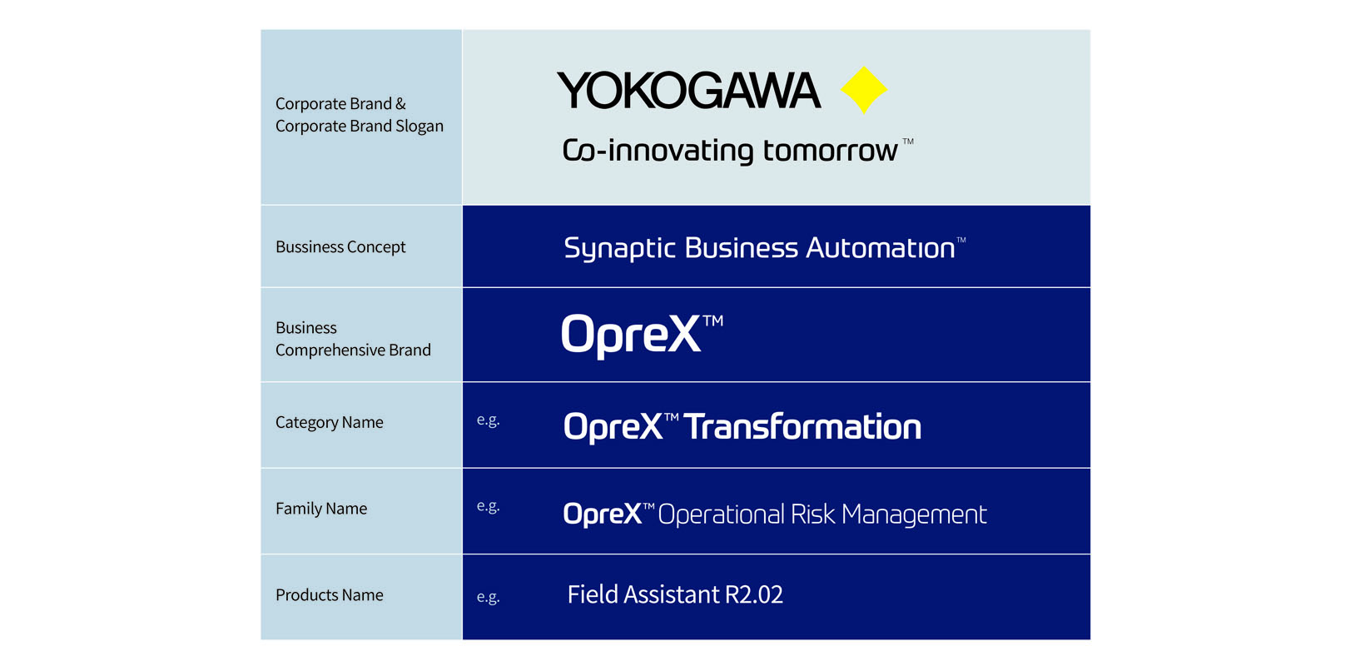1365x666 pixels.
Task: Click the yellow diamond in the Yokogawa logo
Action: [863, 90]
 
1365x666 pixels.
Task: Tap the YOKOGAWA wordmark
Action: [688, 90]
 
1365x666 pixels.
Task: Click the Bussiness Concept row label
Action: [340, 246]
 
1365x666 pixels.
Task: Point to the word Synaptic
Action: [619, 249]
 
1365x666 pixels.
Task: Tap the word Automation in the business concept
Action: [881, 248]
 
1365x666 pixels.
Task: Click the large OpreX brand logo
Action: [642, 335]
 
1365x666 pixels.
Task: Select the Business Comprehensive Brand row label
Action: [353, 339]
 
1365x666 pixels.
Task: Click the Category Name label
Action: [329, 422]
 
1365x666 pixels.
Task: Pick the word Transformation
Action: [802, 426]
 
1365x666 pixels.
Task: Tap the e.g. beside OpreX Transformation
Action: [488, 420]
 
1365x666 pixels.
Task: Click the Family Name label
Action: [321, 509]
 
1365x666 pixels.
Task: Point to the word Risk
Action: [812, 514]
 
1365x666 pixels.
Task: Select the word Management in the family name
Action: [914, 515]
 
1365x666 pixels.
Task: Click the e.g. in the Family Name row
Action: [488, 506]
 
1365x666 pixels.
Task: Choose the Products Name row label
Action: [329, 594]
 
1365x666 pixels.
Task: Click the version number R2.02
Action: [754, 594]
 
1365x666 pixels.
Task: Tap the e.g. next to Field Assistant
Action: [488, 597]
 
